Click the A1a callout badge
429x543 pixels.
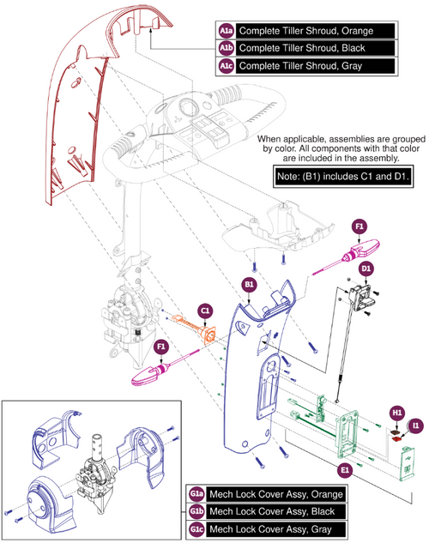point(226,29)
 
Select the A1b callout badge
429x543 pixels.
point(226,47)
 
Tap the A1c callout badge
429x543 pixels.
point(226,65)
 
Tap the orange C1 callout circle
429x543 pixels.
point(205,310)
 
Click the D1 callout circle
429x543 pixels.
point(366,270)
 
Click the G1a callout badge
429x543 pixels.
point(197,495)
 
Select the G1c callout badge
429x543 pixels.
point(197,529)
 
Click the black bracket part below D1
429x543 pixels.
point(364,295)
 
